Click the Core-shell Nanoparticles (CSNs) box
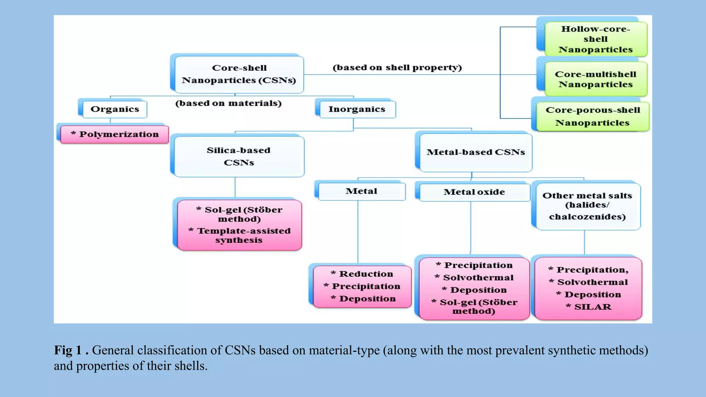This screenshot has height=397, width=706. [x=239, y=74]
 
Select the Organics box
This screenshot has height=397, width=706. [x=115, y=109]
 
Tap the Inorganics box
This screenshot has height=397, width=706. [x=357, y=109]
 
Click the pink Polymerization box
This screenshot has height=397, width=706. [x=115, y=134]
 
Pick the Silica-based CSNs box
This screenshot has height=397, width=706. [x=239, y=156]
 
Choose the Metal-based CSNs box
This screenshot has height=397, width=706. [x=476, y=152]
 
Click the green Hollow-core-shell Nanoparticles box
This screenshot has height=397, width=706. [x=595, y=39]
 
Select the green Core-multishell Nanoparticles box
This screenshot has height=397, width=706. [x=595, y=79]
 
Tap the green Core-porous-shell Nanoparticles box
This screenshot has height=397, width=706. [x=593, y=116]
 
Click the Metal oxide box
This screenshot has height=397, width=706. [x=474, y=192]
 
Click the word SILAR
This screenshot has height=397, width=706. [x=593, y=307]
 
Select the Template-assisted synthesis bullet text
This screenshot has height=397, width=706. [x=240, y=235]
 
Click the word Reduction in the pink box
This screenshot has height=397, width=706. [x=366, y=274]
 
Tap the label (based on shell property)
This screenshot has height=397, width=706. [x=397, y=68]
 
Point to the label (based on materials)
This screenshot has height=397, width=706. [x=229, y=103]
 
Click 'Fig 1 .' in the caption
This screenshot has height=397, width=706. [x=71, y=350]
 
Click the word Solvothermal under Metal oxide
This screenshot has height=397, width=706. [x=478, y=278]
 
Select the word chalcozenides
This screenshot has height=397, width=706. [x=587, y=217]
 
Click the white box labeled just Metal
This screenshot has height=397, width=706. [x=361, y=191]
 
